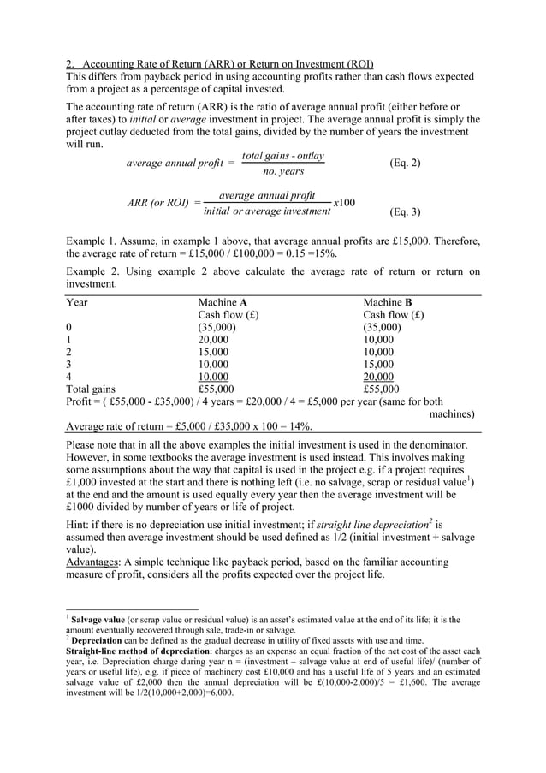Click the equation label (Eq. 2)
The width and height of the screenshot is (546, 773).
(404, 163)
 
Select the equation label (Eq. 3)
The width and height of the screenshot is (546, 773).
(404, 211)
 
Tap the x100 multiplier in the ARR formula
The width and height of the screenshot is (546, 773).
(343, 202)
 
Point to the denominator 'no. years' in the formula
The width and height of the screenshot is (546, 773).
(283, 171)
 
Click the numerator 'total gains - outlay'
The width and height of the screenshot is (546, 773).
(283, 156)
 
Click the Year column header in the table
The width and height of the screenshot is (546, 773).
(77, 302)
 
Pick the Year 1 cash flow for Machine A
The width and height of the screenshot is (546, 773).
(213, 339)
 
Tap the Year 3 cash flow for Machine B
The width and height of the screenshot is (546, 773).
(378, 364)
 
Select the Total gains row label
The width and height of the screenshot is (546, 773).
(91, 389)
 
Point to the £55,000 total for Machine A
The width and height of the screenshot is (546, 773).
(215, 389)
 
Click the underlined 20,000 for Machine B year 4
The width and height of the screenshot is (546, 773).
(378, 377)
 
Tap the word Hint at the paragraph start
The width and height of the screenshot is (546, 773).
(79, 525)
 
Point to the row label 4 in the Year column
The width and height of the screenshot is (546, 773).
(68, 377)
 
